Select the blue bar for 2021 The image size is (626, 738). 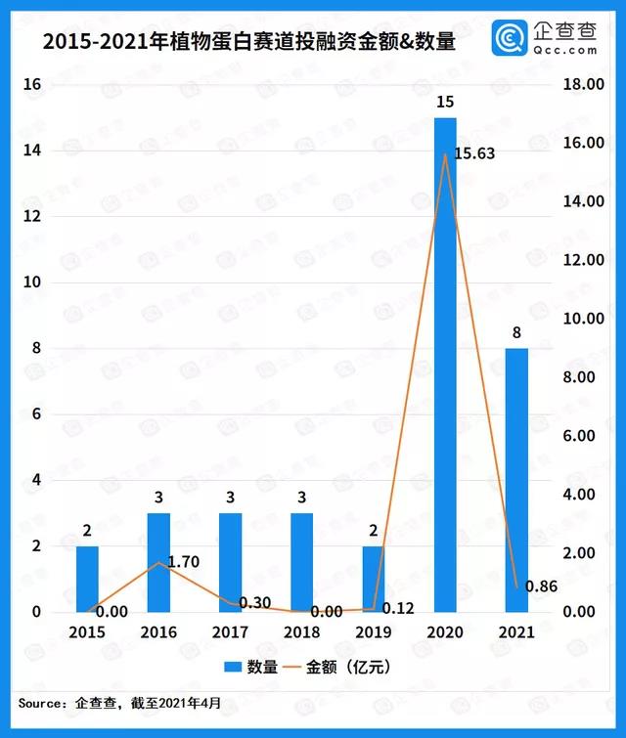[x=516, y=480]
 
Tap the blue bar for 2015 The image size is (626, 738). [x=88, y=579]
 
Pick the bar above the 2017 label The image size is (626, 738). [x=230, y=562]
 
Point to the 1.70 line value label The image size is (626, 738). [x=185, y=563]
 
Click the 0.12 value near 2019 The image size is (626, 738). [x=397, y=609]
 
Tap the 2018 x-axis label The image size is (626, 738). [x=301, y=632]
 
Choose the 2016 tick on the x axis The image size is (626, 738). [x=158, y=632]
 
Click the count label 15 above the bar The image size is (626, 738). [x=445, y=102]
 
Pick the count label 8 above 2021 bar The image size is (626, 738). [x=516, y=332]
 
